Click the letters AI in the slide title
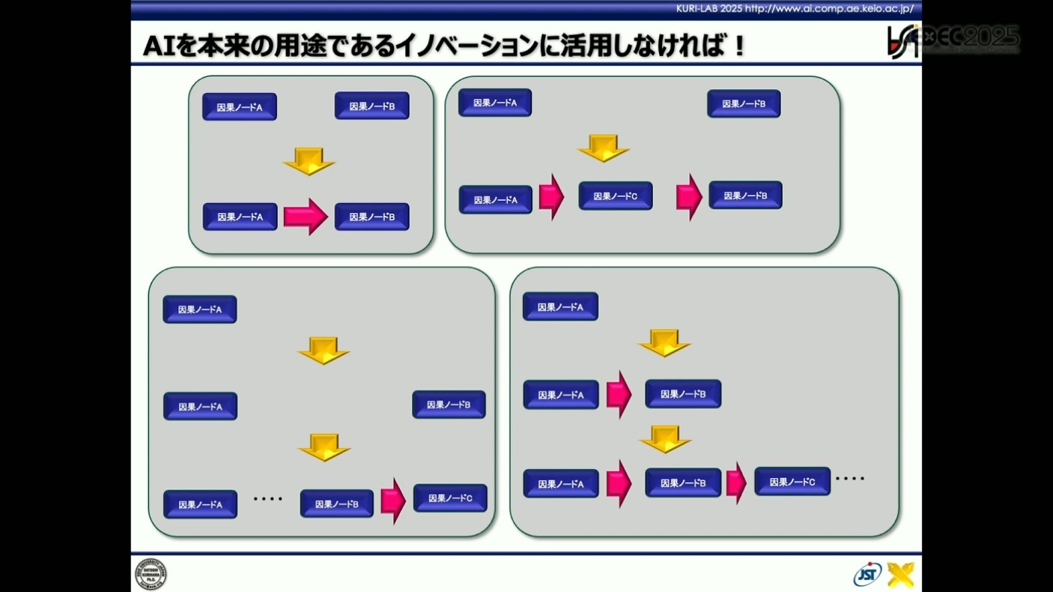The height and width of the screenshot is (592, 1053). [x=159, y=46]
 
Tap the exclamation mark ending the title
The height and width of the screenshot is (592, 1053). [x=738, y=46]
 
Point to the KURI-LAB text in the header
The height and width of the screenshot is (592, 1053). [x=697, y=9]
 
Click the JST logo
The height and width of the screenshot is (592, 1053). [x=867, y=574]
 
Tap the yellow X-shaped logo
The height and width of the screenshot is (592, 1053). [x=901, y=574]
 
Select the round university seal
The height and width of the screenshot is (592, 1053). [x=151, y=574]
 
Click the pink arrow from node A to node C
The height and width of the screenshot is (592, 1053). [x=551, y=197]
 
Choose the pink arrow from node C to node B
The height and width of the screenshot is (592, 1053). [x=689, y=197]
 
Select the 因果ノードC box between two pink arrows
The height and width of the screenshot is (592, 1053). [x=616, y=196]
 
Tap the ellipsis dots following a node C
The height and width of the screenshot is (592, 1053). [x=850, y=478]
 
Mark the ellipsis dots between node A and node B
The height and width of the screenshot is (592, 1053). [x=268, y=498]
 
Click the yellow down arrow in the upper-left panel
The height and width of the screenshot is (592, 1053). [x=309, y=161]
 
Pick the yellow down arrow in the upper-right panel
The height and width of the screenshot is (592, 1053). [x=603, y=148]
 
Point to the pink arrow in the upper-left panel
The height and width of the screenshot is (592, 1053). [x=306, y=217]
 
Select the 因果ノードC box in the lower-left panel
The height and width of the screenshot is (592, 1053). [x=450, y=498]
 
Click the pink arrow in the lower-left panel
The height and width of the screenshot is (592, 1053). [x=393, y=501]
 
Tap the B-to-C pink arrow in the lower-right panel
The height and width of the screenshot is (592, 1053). [x=736, y=483]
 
